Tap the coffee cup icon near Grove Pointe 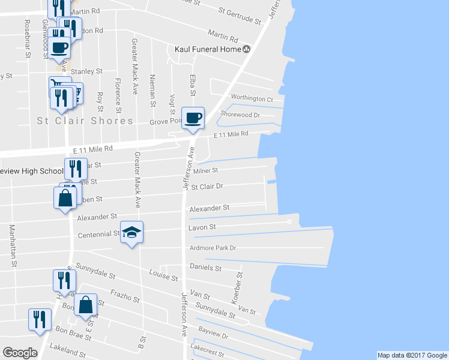point(193,118)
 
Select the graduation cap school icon point(132,232)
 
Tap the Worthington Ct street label point(252,98)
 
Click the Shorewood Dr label point(240,114)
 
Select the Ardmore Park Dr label point(212,247)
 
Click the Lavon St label point(202,227)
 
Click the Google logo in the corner point(20,353)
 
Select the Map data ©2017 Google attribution point(412,355)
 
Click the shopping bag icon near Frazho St point(86,305)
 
